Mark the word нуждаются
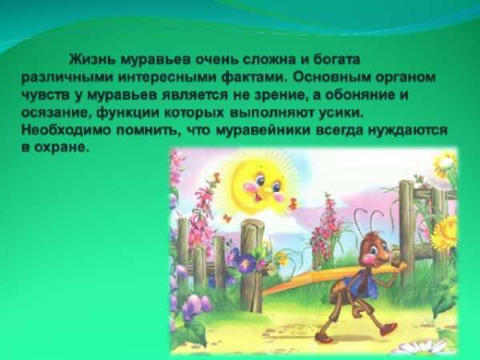(407, 130)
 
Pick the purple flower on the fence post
(246, 264)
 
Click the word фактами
(254, 77)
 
